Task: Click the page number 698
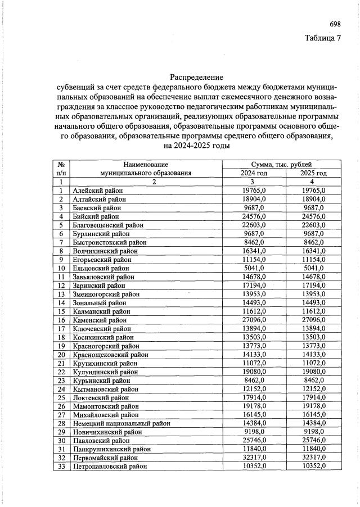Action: coord(335,24)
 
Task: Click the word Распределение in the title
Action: coord(196,77)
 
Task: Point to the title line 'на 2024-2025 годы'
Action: coord(196,145)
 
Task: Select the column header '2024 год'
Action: coord(254,173)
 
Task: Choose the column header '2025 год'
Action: coord(314,173)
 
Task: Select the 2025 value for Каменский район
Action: coord(314,320)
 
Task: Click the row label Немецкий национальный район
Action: coord(121,423)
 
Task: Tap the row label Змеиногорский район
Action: coord(106,294)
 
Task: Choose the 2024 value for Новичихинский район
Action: coord(254,432)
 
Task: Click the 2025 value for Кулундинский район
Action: coord(314,372)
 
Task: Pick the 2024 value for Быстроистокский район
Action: coord(254,242)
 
